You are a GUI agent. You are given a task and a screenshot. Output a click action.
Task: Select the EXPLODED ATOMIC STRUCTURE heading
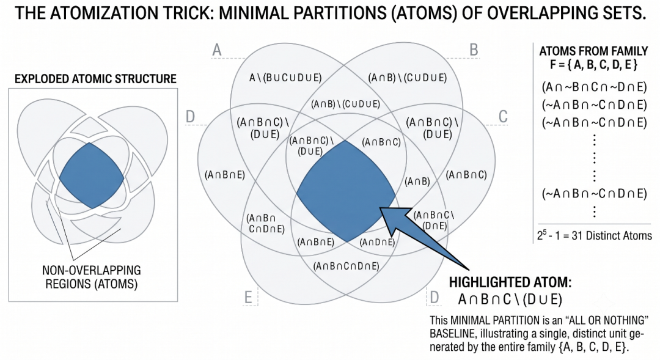[95, 79]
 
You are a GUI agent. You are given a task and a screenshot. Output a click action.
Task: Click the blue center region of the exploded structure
[92, 175]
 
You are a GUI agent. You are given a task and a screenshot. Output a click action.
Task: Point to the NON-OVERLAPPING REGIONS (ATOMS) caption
[91, 277]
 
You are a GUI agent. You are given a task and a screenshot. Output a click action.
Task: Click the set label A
[217, 50]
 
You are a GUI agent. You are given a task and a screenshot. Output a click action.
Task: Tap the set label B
[474, 50]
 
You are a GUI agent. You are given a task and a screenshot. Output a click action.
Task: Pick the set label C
[503, 117]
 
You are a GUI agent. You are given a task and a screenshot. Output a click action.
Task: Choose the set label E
[248, 297]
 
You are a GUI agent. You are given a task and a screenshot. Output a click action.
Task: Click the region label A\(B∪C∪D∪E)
[285, 78]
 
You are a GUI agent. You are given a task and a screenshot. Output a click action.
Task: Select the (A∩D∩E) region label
[378, 242]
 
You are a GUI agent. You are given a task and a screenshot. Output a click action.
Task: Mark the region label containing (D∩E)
[434, 220]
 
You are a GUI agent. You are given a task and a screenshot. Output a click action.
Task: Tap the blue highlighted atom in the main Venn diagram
[346, 191]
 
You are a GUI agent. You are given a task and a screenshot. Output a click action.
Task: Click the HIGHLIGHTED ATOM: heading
[510, 282]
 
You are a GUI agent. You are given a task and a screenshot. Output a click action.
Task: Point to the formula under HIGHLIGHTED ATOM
[510, 299]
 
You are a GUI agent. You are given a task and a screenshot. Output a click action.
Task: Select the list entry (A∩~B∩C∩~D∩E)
[595, 87]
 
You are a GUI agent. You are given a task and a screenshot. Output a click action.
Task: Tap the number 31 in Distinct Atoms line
[577, 235]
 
